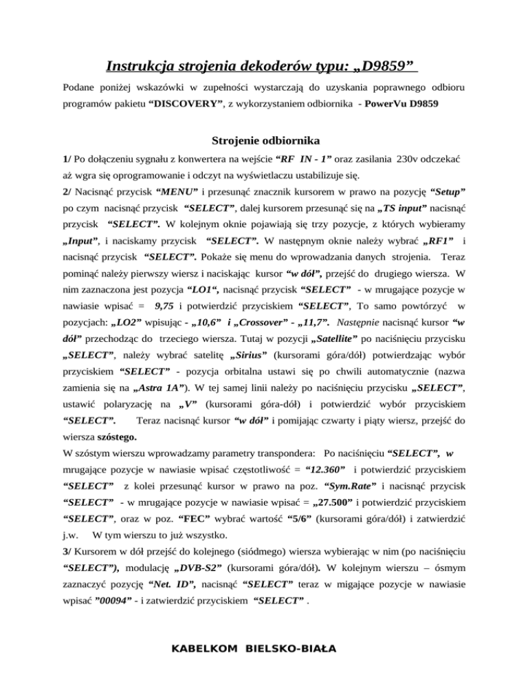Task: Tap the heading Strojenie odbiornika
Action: [x=264, y=142]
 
